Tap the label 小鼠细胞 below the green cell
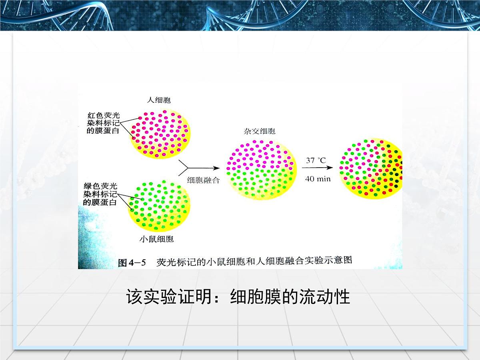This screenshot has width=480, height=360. [x=156, y=239]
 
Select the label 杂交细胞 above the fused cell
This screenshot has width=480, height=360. [x=260, y=131]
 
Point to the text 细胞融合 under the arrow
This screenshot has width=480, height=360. [x=203, y=180]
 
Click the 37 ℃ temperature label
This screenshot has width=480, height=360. [x=316, y=160]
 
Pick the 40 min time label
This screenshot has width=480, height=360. [x=318, y=179]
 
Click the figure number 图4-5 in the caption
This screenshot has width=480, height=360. [x=132, y=263]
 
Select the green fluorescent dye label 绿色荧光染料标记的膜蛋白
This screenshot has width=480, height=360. [x=100, y=194]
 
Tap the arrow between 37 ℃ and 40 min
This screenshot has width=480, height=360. [x=318, y=169]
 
